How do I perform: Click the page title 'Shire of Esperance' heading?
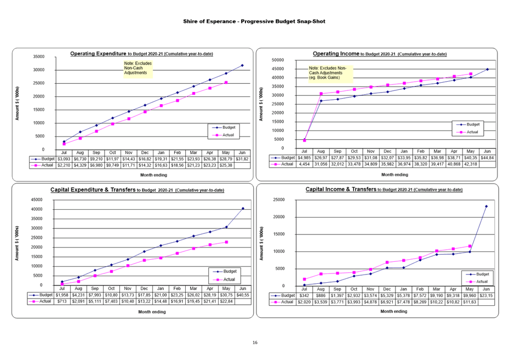pyautogui.click(x=254, y=21)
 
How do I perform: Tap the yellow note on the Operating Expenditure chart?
pyautogui.click(x=138, y=68)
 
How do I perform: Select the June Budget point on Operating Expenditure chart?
pyautogui.click(x=242, y=65)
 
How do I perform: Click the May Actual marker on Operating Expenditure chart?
pyautogui.click(x=226, y=83)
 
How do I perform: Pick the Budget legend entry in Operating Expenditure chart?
pyautogui.click(x=225, y=127)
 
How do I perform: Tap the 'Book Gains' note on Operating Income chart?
pyautogui.click(x=330, y=72)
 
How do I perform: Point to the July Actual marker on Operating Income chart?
pyautogui.click(x=305, y=141)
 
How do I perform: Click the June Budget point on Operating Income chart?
pyautogui.click(x=487, y=70)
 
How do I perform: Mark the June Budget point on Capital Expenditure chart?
pyautogui.click(x=243, y=208)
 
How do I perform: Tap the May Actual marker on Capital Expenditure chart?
pyautogui.click(x=226, y=242)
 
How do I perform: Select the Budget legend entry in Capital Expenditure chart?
pyautogui.click(x=226, y=271)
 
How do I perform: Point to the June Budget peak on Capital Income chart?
pyautogui.click(x=486, y=206)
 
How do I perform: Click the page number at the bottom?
pyautogui.click(x=254, y=342)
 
